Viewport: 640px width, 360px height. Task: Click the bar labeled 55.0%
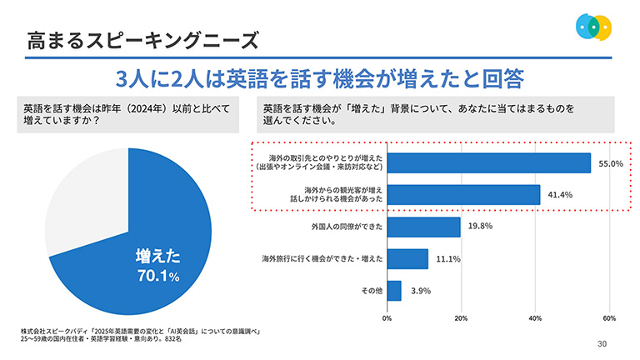point(489,163)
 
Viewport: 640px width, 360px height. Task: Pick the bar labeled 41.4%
point(463,195)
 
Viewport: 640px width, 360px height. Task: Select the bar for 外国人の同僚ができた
point(423,227)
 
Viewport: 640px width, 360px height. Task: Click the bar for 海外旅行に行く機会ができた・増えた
point(407,259)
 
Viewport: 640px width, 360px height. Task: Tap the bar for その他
point(394,291)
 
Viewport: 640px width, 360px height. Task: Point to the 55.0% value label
point(611,164)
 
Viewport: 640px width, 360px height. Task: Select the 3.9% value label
point(421,291)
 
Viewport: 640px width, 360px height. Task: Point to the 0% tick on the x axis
point(387,317)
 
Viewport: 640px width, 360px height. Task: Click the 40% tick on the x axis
point(535,317)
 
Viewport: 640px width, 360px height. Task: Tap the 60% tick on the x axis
point(609,317)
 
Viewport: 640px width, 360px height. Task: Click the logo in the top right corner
point(594,26)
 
